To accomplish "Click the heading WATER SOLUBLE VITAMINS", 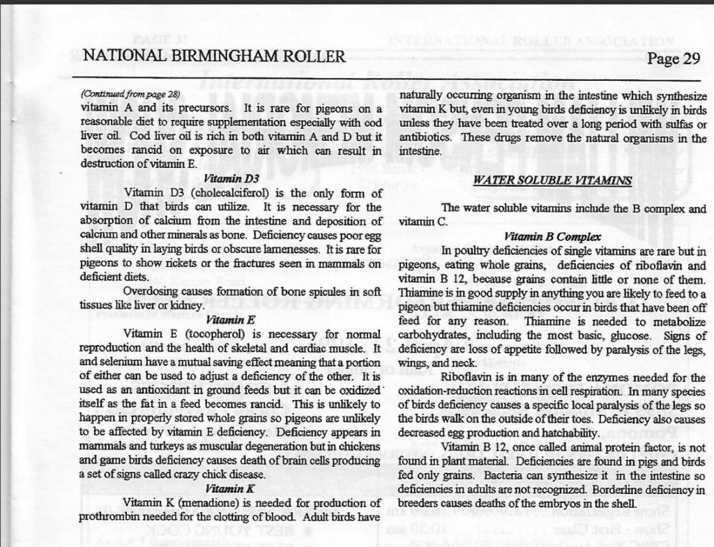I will [x=552, y=180].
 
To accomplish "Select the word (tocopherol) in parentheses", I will [x=218, y=334].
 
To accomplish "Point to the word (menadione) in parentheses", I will [x=218, y=502].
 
